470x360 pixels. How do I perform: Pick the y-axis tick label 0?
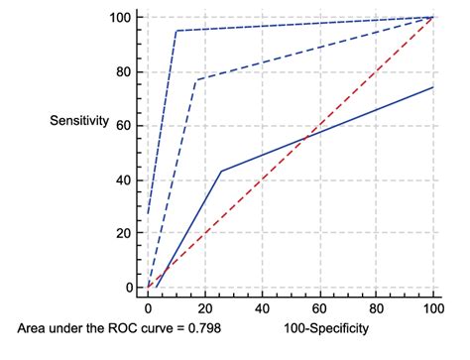[128, 288]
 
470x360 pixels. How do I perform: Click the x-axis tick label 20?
[205, 308]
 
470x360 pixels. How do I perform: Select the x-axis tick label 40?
[263, 308]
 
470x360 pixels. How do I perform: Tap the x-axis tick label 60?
[319, 308]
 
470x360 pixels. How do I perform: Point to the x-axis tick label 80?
[377, 308]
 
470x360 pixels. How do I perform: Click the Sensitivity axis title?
[79, 121]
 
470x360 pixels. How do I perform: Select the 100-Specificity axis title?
[327, 328]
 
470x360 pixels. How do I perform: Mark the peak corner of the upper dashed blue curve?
[176, 31]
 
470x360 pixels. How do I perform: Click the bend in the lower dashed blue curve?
[196, 80]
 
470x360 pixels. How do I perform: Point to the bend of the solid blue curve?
[221, 171]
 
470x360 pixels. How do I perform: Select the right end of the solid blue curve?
[433, 87]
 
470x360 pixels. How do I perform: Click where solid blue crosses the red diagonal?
[304, 136]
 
